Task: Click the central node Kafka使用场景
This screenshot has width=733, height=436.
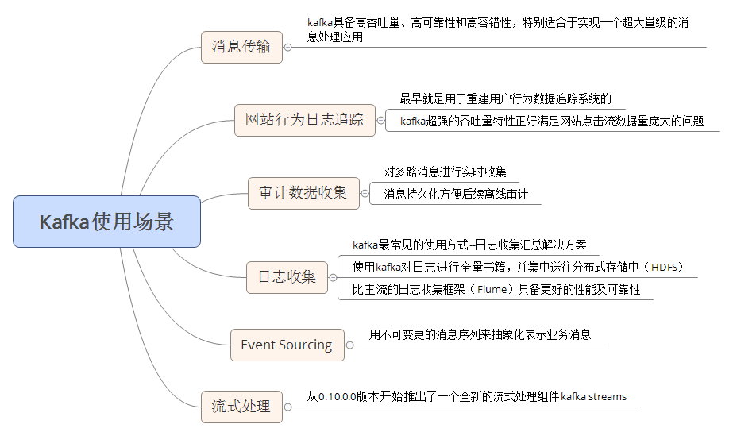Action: (106, 221)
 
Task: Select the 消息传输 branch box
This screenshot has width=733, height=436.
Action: (241, 47)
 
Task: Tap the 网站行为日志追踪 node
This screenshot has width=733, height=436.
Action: (304, 120)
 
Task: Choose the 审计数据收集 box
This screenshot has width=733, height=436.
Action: (303, 192)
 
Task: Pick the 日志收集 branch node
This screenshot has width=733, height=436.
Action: (287, 276)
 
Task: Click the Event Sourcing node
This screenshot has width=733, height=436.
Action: (287, 345)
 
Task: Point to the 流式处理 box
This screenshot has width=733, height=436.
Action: (241, 407)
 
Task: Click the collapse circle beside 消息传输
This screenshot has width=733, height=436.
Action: (287, 47)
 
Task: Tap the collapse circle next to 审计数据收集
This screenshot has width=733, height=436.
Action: (365, 192)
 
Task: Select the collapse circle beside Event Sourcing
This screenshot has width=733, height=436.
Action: (349, 345)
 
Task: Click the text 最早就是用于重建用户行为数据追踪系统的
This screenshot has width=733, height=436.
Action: (505, 99)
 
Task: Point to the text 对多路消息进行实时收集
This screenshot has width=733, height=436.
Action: (445, 172)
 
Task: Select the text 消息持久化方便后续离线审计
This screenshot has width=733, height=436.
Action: (456, 194)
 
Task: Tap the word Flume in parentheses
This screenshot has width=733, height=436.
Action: (492, 290)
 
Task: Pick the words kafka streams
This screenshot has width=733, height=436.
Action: (593, 396)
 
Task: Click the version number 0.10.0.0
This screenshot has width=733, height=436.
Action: (338, 396)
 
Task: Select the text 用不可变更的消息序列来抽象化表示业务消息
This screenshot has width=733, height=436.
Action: (480, 334)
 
